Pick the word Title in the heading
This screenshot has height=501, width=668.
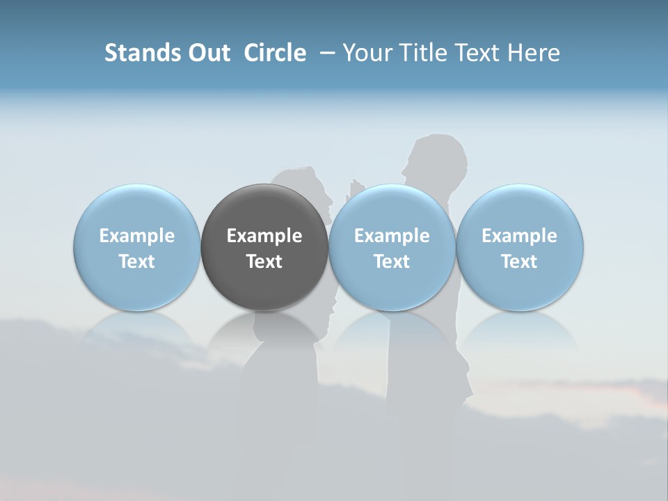pos(424,53)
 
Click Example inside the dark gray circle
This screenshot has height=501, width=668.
pos(264,236)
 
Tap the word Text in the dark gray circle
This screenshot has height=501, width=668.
pos(264,262)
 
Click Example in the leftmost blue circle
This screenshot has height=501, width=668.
pos(137,236)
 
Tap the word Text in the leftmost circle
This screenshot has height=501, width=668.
pos(137,262)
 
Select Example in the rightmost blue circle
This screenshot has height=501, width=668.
pos(520,236)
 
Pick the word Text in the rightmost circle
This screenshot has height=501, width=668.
pos(520,262)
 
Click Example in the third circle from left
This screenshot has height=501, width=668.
pos(392,236)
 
